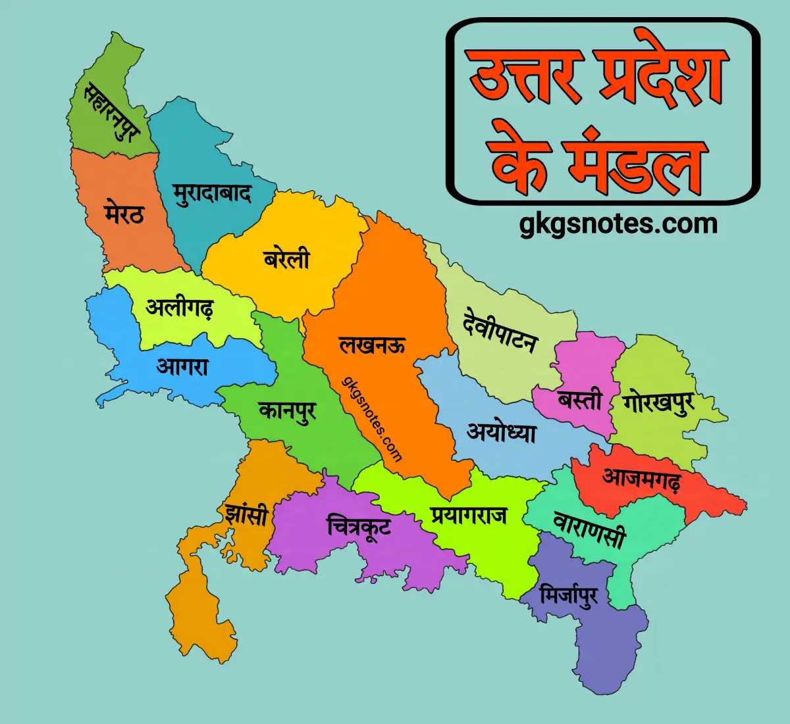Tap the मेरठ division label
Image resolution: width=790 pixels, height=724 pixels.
click(x=124, y=213)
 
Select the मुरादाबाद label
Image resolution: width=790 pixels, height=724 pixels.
click(x=213, y=193)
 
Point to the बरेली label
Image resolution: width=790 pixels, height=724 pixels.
click(x=286, y=258)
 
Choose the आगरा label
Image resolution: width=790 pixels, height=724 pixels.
click(x=182, y=366)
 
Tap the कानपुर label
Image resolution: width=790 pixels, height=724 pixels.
click(x=288, y=412)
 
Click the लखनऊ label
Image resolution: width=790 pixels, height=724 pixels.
click(x=373, y=345)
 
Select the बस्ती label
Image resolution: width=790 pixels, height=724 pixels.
click(x=580, y=399)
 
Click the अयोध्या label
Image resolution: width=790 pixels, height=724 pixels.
click(x=502, y=433)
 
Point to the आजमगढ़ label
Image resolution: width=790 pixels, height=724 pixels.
click(x=641, y=479)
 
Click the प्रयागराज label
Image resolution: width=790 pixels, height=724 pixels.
click(x=469, y=515)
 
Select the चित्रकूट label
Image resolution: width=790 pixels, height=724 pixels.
click(x=359, y=526)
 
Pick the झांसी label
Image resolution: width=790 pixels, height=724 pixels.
click(x=246, y=513)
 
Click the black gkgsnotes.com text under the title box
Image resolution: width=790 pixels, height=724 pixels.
click(x=618, y=224)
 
